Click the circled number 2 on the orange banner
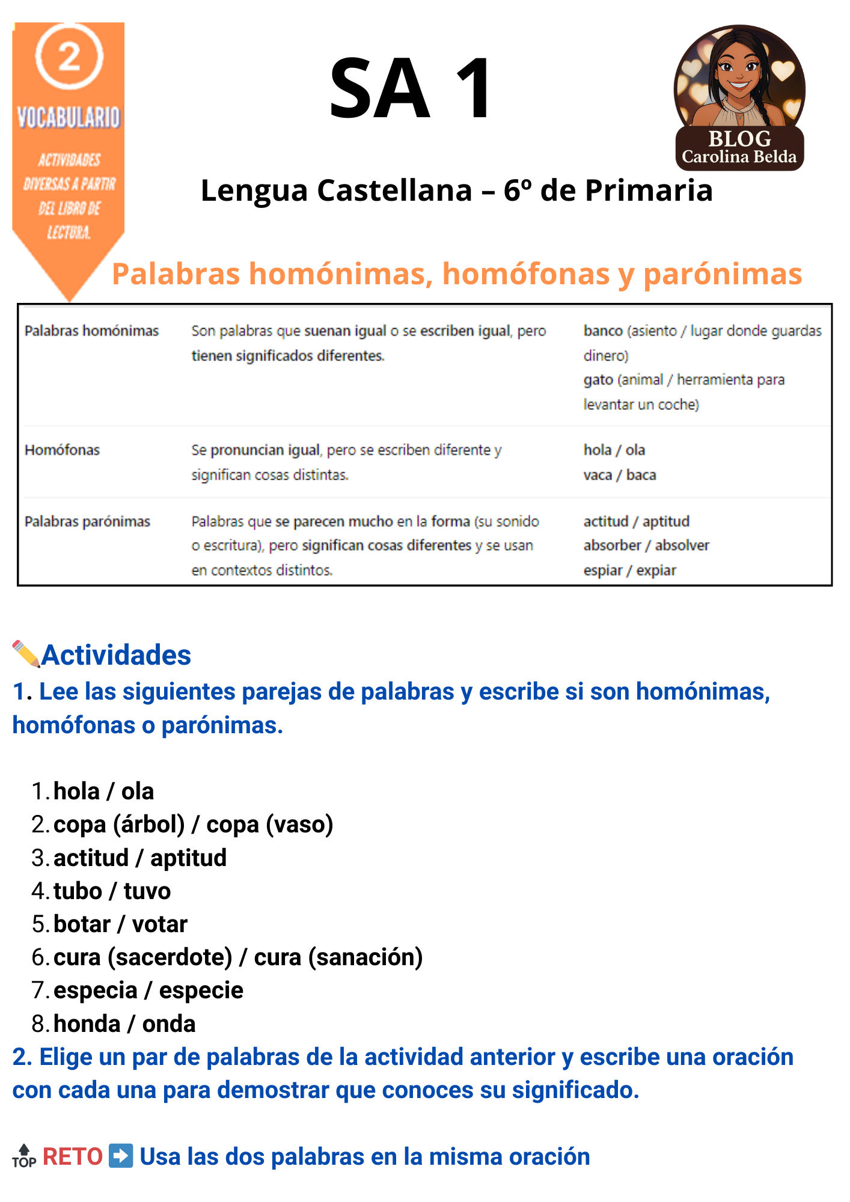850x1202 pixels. (69, 56)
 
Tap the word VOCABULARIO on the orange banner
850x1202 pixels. (69, 117)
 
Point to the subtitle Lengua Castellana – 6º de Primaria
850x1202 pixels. (457, 191)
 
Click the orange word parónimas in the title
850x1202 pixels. (723, 274)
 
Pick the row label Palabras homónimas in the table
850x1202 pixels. (91, 331)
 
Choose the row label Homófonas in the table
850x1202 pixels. (62, 450)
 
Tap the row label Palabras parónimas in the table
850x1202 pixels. (87, 522)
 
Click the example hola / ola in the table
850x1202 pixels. (614, 450)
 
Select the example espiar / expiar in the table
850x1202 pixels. (629, 570)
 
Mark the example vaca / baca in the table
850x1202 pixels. (619, 475)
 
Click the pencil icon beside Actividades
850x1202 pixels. (26, 654)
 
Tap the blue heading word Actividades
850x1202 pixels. (116, 655)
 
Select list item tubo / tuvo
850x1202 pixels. (112, 891)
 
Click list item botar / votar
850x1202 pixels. (120, 924)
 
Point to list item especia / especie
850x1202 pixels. (148, 990)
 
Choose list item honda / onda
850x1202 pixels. (124, 1024)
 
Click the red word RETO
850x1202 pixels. (73, 1156)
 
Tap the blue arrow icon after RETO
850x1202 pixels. (121, 1156)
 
